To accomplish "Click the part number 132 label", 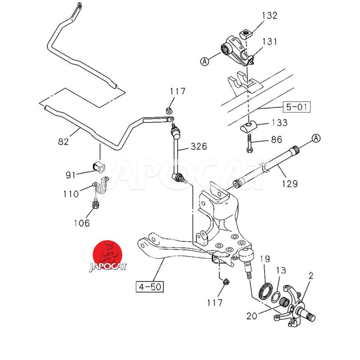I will (x=269, y=16).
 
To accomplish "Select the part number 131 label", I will (x=269, y=42).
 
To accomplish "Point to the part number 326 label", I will (x=198, y=146).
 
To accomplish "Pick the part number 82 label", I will (x=63, y=142).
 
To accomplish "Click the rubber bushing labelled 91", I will (x=99, y=166).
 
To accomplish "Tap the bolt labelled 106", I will (x=95, y=206).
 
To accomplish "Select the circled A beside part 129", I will (x=316, y=138).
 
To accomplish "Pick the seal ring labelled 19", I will (x=265, y=288).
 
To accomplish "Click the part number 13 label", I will (x=281, y=270).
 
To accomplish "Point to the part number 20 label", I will (x=252, y=316).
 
